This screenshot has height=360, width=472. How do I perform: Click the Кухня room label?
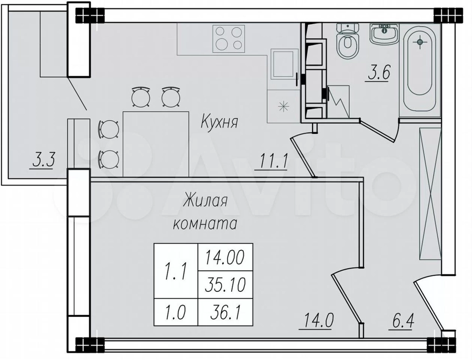(219, 122)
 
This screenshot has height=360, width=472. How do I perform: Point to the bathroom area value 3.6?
(378, 73)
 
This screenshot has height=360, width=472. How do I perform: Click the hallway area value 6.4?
(402, 322)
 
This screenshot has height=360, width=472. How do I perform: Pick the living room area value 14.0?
(318, 321)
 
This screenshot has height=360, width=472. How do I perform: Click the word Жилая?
(205, 201)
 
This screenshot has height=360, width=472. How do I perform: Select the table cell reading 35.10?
(225, 284)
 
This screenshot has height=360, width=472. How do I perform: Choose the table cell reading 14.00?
(225, 257)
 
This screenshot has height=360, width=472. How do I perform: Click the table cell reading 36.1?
(225, 312)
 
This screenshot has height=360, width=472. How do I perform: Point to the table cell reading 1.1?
(176, 271)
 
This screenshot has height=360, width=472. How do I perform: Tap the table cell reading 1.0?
(176, 312)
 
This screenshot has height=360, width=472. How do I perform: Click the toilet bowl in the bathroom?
(348, 41)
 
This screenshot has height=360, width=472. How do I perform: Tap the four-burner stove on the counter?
(229, 38)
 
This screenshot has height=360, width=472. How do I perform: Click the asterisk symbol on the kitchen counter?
(283, 107)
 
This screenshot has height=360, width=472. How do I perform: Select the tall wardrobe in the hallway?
(430, 194)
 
